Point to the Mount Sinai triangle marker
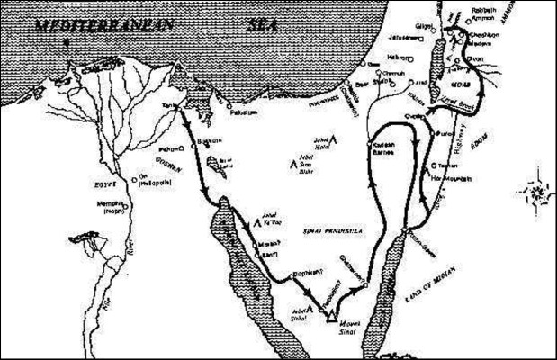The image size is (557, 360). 334,314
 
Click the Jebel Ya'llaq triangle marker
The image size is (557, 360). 255,214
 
